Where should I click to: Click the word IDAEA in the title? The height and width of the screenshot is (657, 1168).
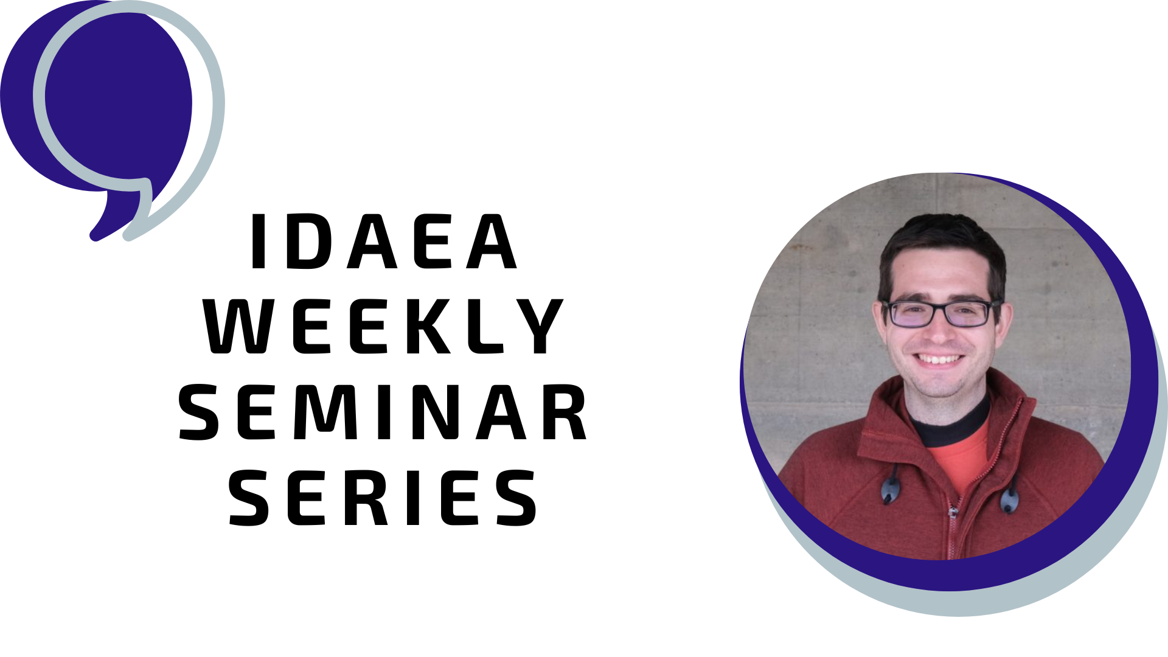383,242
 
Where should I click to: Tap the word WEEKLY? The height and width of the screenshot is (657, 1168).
383,326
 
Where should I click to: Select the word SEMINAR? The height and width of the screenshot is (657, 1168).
383,412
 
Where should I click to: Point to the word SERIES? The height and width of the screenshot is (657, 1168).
383,498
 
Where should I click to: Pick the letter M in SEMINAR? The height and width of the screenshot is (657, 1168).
327,412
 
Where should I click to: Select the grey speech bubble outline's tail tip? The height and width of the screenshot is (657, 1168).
128,236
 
